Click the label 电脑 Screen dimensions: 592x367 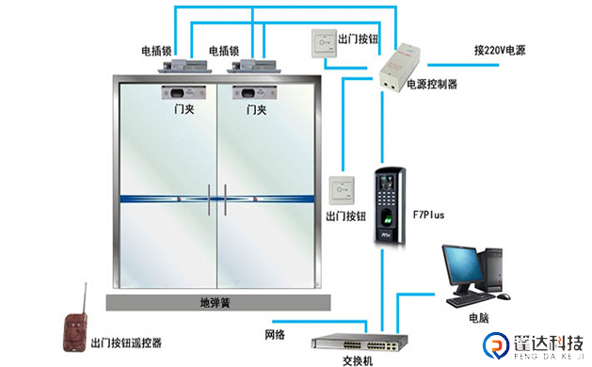[x=479, y=317]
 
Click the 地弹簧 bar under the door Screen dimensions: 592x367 [x=218, y=303]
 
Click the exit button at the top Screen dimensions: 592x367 [x=323, y=42]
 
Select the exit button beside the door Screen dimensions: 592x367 [x=340, y=190]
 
